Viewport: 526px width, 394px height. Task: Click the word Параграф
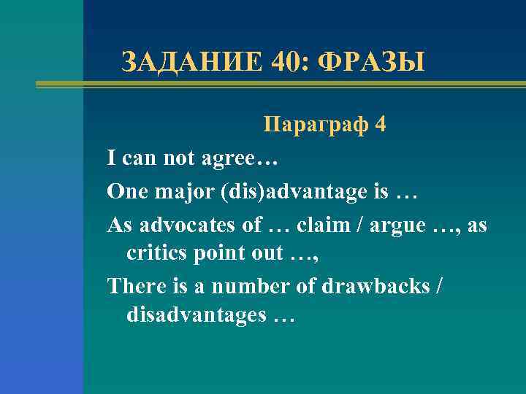[315, 125]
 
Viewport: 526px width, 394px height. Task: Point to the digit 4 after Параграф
[380, 125]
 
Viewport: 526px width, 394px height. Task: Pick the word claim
[316, 225]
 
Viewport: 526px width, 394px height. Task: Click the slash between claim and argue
[355, 225]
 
